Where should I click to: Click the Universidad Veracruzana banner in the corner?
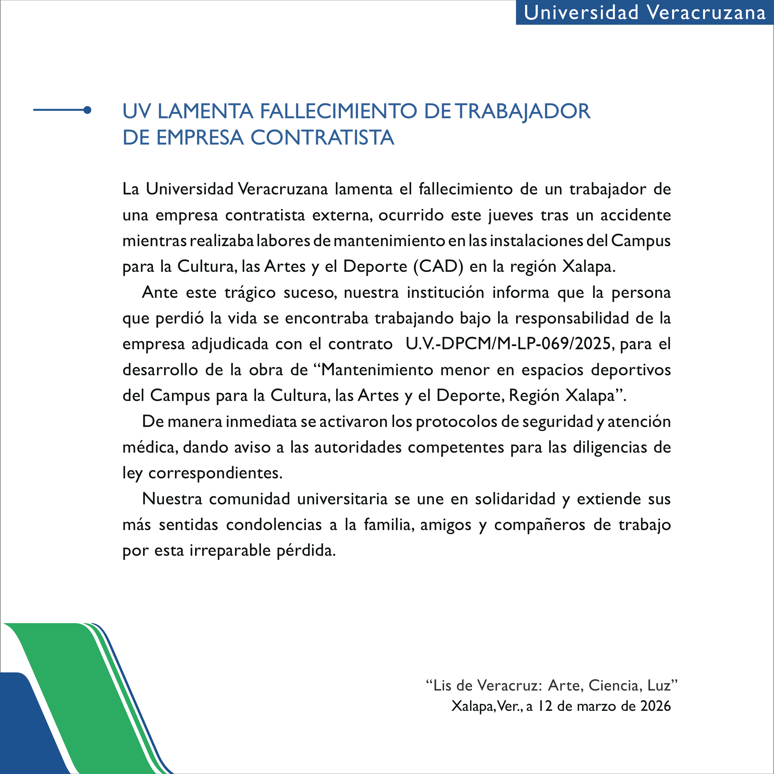(644, 12)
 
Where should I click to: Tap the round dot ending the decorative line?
(87, 110)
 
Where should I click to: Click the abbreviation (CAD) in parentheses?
(438, 267)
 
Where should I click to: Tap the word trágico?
(250, 293)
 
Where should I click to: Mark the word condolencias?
(274, 525)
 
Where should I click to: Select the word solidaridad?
(515, 499)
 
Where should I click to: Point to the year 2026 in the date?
(655, 706)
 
